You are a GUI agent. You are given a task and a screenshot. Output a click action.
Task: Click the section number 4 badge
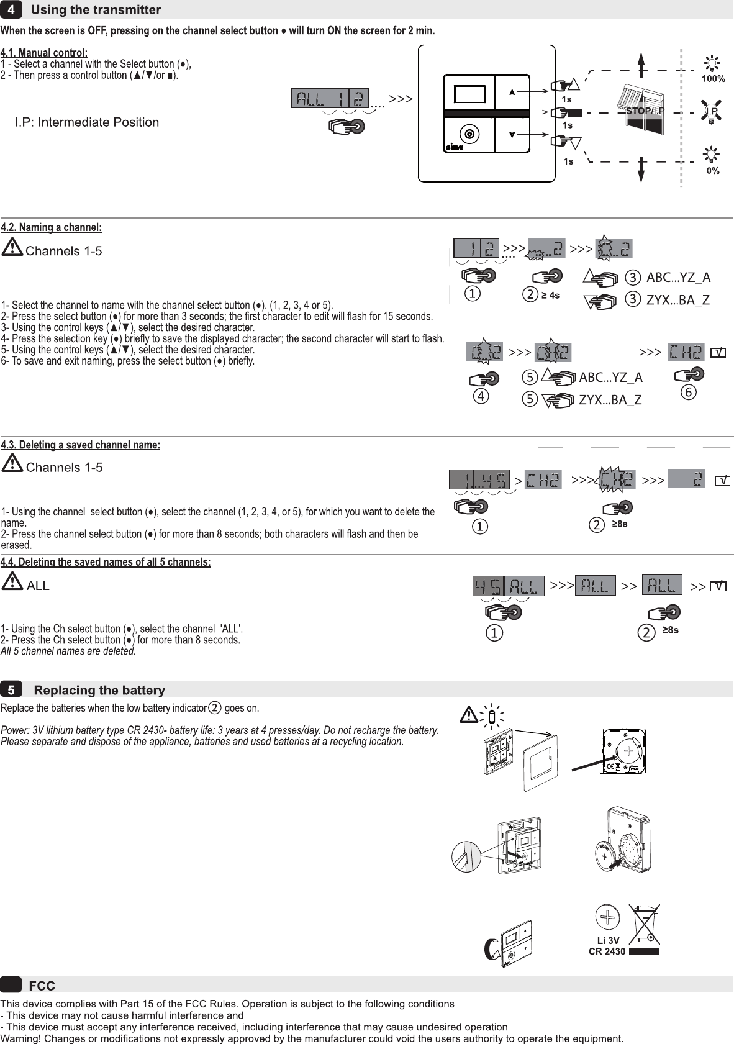(11, 10)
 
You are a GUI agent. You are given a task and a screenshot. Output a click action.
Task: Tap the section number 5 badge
(11, 690)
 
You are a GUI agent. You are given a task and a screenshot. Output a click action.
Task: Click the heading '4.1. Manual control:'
(44, 53)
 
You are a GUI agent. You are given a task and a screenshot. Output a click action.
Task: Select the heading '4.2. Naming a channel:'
(52, 227)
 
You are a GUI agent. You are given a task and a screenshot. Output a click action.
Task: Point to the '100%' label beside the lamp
(713, 79)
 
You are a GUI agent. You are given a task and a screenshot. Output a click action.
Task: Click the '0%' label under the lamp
(713, 171)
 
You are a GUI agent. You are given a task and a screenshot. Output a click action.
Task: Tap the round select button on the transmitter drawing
(469, 134)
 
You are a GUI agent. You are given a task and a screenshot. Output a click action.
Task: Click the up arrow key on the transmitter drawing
(512, 93)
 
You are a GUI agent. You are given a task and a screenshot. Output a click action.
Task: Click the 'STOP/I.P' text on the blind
(645, 111)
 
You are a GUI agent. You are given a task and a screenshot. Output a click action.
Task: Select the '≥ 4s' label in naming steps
(550, 295)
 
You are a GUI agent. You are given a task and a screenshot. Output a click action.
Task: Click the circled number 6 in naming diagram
(688, 393)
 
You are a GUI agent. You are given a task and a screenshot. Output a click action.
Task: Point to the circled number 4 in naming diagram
(481, 395)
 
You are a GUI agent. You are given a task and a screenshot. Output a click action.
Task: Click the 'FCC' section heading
(42, 986)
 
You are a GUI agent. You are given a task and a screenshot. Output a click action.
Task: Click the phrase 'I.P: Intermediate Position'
(87, 122)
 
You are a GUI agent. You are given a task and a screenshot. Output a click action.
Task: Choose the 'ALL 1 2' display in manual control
(330, 98)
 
